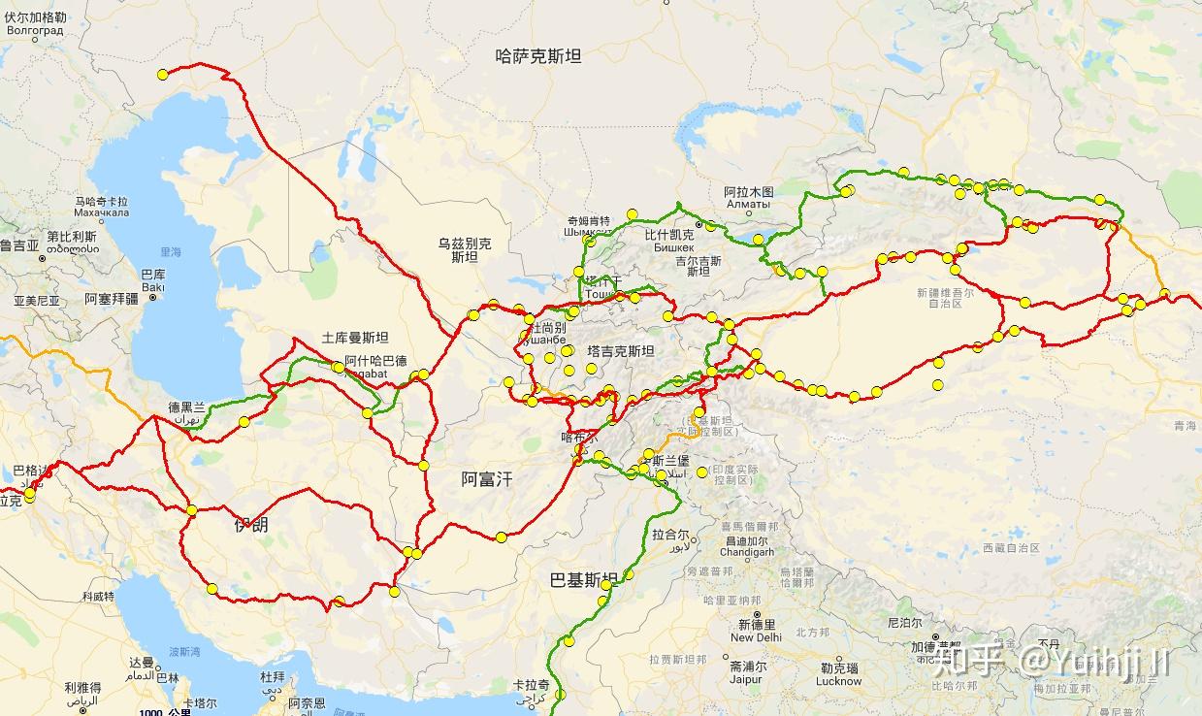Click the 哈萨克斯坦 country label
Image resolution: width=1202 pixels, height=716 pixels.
click(538, 56)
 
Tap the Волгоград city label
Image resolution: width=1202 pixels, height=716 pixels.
click(35, 30)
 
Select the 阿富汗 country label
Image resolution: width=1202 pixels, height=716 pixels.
click(486, 478)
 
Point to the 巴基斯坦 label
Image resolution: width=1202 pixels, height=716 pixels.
click(583, 580)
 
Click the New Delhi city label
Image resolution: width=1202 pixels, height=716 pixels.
click(756, 637)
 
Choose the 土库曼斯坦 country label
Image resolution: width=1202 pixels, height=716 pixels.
click(355, 339)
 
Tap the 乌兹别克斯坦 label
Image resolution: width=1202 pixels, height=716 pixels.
click(464, 250)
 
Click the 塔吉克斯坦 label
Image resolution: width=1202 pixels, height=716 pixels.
click(621, 351)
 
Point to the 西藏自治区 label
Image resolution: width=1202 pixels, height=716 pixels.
click(1010, 548)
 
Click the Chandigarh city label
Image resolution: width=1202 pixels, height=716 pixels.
click(747, 552)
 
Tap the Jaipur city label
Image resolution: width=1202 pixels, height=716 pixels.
click(746, 680)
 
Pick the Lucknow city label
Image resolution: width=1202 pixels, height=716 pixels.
click(839, 681)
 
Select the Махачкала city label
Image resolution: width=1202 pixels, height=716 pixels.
click(101, 212)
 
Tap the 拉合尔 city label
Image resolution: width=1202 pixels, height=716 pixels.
click(670, 535)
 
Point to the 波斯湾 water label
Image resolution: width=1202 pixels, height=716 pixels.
click(183, 651)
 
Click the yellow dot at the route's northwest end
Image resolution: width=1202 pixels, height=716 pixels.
click(163, 75)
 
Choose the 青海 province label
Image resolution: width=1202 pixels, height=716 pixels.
click(1185, 426)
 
